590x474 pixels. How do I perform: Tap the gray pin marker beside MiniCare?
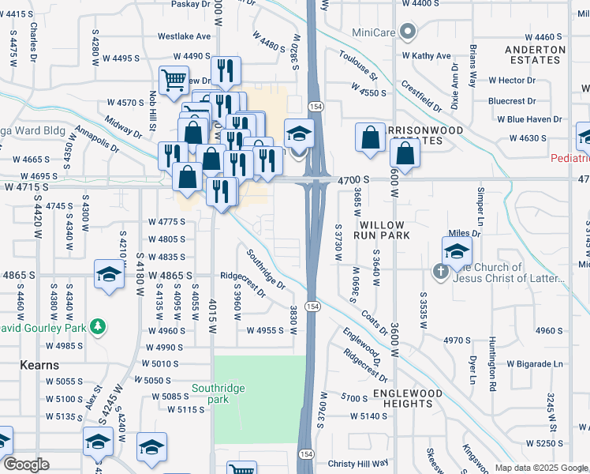click(x=407, y=32)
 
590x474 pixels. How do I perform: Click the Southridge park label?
click(x=218, y=393)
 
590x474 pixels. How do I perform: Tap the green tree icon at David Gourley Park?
click(x=97, y=326)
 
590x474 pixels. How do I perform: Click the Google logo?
click(x=26, y=465)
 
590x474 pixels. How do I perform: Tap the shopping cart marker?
click(x=174, y=80)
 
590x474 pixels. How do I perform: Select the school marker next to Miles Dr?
click(x=457, y=251)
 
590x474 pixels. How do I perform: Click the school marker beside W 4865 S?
click(x=109, y=274)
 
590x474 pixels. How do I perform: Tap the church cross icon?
click(x=441, y=272)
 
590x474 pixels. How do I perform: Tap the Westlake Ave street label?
click(x=185, y=36)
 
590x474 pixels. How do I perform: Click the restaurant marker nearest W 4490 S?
click(x=226, y=70)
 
